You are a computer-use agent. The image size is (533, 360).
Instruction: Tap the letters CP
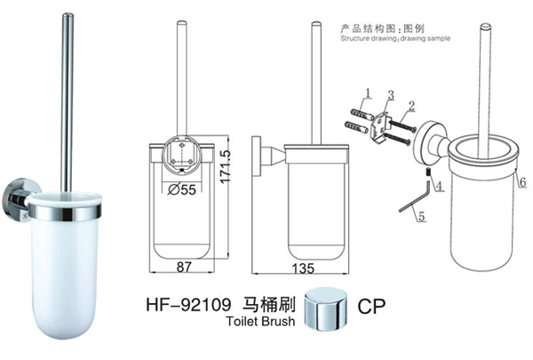[x=370, y=305]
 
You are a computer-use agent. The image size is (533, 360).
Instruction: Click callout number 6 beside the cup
[x=522, y=182]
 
